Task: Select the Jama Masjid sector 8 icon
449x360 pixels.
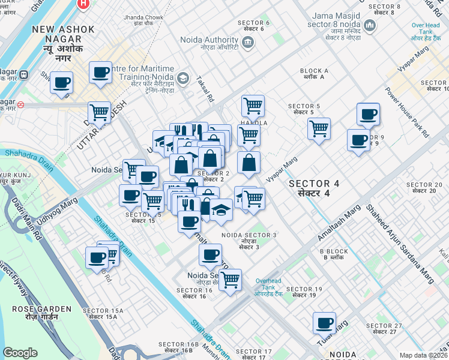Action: [370, 26]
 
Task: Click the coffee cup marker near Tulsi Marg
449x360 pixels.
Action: [324, 323]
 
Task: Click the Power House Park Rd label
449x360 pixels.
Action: [406, 113]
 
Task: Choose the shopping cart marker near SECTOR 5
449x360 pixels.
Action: [319, 128]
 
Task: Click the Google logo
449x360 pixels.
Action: [20, 353]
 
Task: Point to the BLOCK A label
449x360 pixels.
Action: [315, 74]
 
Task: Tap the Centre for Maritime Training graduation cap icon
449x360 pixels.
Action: [182, 79]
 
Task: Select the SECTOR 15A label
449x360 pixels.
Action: [103, 313]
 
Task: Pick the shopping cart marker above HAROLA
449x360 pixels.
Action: [253, 106]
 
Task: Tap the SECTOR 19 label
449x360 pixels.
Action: [304, 292]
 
